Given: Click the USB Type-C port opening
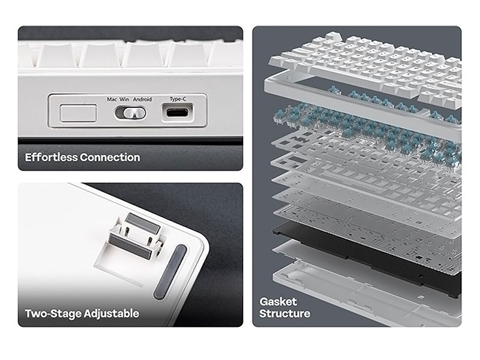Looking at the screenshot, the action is (177, 112).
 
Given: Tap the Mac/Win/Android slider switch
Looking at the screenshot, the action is (130, 113).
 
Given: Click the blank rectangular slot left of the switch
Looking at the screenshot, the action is (79, 113).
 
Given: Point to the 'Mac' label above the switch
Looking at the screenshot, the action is (112, 99).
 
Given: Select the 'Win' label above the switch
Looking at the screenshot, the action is (124, 99).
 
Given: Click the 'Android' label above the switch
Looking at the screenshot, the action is (142, 99).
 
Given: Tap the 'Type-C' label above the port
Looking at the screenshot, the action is (178, 99).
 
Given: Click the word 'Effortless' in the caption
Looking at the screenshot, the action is (51, 157).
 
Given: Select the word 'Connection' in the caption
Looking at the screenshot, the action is (110, 157).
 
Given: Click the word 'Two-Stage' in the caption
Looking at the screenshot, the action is (53, 314).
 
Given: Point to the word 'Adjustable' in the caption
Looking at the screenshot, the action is (112, 314).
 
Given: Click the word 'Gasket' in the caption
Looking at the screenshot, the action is (278, 302).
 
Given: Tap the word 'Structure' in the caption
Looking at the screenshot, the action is (284, 313).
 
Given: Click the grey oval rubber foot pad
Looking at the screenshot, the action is (170, 272).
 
